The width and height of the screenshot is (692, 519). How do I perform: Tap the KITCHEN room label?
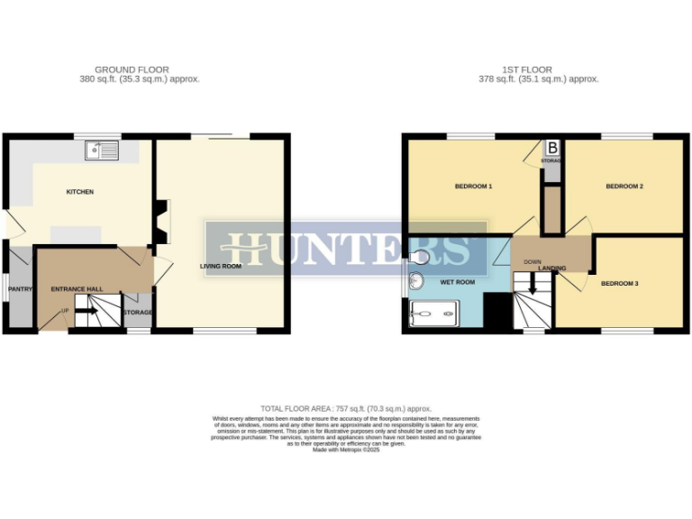tap(79, 192)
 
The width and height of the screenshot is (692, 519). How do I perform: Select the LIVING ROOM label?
tap(220, 267)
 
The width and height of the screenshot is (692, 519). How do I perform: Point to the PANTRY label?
tap(20, 289)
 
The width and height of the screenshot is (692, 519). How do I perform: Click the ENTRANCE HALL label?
tap(77, 289)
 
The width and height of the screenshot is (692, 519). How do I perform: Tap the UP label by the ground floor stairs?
tap(64, 312)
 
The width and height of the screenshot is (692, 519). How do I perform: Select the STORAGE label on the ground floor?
tap(138, 313)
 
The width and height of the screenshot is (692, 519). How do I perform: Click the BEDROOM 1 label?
tap(473, 187)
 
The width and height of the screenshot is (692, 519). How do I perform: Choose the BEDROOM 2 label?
tap(624, 187)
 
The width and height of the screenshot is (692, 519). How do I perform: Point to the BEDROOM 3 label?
tap(620, 284)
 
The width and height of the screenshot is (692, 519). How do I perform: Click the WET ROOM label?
tap(457, 282)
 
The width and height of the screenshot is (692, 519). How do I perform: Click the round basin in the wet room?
tap(416, 280)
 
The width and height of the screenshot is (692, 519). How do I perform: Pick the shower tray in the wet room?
tap(434, 314)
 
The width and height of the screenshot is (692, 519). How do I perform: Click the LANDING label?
tap(552, 269)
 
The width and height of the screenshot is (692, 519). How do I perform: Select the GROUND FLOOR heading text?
tap(132, 69)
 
